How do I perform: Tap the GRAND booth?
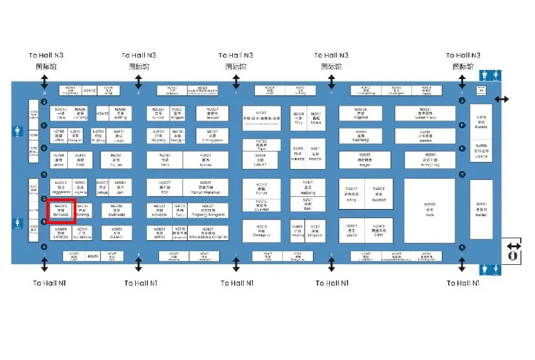point(116,232)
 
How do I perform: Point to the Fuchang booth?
point(361,135)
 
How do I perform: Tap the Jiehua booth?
point(102,188)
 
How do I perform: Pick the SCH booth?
point(165,188)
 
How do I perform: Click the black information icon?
point(514,256)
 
